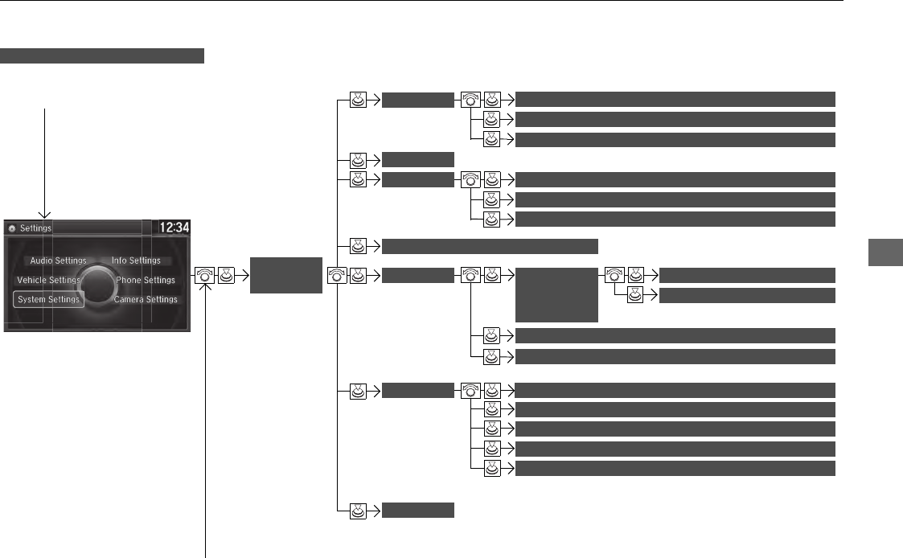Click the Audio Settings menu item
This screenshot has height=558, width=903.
point(58,261)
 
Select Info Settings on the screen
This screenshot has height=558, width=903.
point(136,261)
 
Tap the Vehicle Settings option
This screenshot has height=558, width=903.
point(48,280)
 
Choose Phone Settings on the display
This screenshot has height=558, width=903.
point(145,280)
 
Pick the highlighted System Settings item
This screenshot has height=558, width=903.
point(48,299)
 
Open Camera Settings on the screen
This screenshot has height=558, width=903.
point(146,299)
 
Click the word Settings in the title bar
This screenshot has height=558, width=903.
point(36,228)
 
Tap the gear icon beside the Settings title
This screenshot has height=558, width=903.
point(12,228)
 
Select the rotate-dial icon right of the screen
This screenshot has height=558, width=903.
point(206,276)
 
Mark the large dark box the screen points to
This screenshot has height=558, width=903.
point(285,276)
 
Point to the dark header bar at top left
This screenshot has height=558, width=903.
point(103,55)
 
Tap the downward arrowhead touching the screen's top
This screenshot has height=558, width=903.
point(46,213)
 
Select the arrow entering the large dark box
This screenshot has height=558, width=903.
point(241,276)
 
